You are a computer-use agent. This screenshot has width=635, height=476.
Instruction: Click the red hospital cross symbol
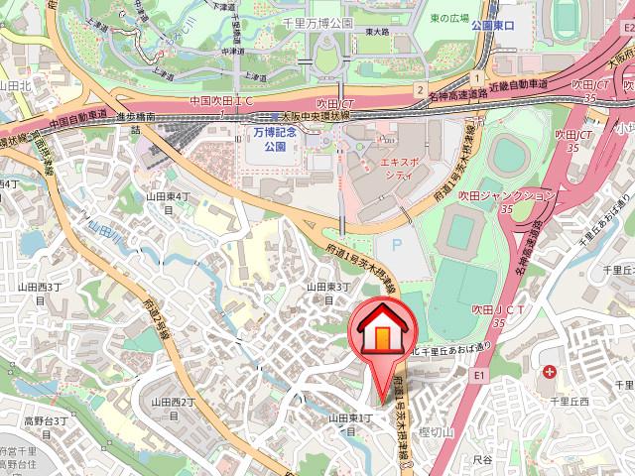point(551,373)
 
